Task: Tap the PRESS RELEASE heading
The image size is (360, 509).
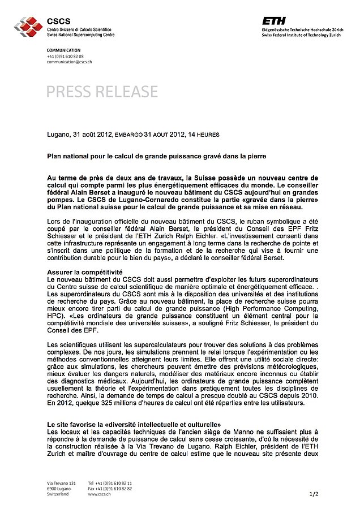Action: pos(102,91)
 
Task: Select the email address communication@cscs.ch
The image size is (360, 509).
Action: pos(69,62)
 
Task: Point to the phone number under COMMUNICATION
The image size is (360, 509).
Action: pos(65,57)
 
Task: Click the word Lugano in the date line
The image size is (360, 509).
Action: pos(58,135)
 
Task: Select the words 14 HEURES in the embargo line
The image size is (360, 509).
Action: pos(204,135)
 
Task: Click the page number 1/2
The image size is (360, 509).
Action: pos(315,494)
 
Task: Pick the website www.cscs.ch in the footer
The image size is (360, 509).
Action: pos(100,494)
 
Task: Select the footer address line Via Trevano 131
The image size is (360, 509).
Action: pos(61,483)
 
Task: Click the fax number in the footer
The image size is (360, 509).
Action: pos(110,489)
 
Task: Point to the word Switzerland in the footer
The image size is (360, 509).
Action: pos(58,494)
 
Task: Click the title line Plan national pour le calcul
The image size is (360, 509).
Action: pos(156,154)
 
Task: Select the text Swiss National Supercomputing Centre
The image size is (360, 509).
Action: pos(81,34)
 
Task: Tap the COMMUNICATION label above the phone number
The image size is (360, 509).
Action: pos(64,51)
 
